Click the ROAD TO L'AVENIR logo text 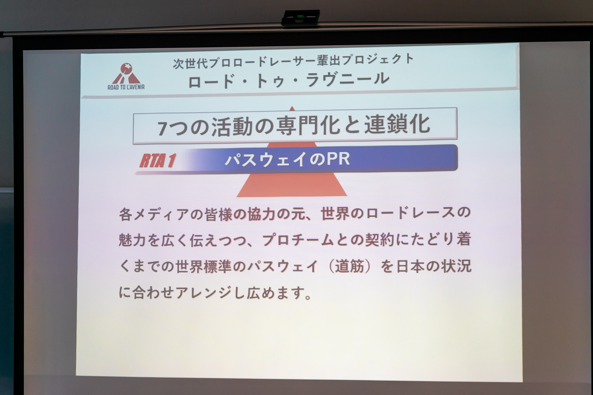126,87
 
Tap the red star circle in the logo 127,69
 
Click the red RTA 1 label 158,160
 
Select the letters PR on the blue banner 339,159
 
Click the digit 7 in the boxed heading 163,128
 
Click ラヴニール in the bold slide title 347,79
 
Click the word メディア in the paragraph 162,214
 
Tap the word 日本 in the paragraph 410,266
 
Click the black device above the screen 300,18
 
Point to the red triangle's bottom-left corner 237,197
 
